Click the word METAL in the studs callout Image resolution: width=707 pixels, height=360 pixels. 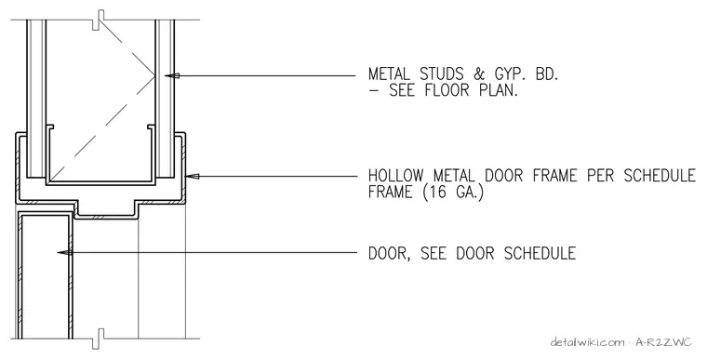coord(390,74)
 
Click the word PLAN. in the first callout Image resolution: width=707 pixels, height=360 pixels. coord(499,90)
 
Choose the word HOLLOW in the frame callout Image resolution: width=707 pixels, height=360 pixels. coord(396,175)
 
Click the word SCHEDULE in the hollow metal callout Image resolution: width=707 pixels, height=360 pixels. coord(660,175)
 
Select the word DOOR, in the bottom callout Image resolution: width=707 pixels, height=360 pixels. coord(390,253)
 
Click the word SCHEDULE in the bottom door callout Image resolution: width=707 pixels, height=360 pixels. coord(540,253)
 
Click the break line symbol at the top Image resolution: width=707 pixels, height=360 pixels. coord(99,20)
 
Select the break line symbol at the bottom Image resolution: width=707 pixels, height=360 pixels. coord(99,339)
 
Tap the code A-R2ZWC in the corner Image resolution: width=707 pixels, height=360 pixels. coord(663,342)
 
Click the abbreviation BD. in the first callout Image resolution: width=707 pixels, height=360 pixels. coord(547,74)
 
